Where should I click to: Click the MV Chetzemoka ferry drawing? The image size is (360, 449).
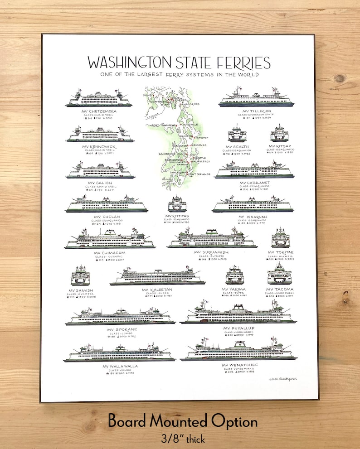tap(99, 99)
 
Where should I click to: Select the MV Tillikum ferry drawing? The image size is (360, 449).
tap(253, 98)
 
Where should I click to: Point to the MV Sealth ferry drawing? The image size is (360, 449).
tap(237, 134)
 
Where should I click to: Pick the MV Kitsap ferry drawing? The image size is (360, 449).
tap(279, 134)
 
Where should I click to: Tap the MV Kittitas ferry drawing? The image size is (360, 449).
tap(177, 204)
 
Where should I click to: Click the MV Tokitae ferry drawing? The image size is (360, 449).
tap(281, 238)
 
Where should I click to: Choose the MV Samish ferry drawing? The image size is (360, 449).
tap(80, 276)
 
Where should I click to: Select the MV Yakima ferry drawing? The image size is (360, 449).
tap(234, 276)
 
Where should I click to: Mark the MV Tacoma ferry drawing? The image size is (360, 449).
tap(279, 275)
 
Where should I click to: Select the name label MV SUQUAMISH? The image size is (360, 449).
tap(211, 252)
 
